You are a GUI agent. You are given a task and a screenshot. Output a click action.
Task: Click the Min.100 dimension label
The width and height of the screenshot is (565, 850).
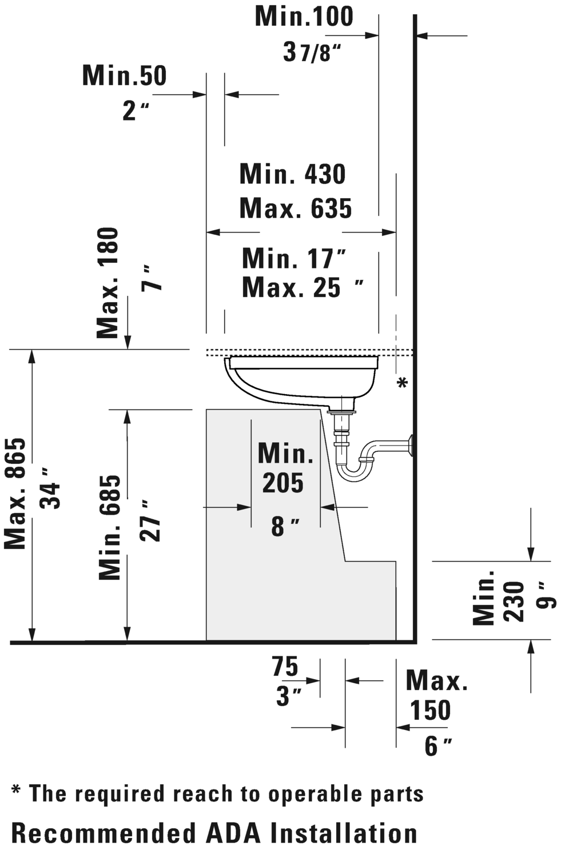click(x=304, y=17)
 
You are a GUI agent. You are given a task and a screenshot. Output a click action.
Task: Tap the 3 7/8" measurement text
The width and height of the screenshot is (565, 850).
click(x=312, y=52)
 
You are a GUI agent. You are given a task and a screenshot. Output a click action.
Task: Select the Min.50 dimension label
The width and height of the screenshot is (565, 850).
click(x=124, y=75)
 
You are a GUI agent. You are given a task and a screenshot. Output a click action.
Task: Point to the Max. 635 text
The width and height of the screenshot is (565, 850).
click(x=296, y=209)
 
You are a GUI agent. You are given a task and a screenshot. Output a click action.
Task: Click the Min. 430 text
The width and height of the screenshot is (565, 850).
click(x=293, y=174)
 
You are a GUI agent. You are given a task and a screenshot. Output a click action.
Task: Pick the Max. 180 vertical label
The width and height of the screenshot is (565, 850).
click(x=108, y=283)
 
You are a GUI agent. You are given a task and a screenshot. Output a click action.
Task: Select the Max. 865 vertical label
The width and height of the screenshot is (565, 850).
click(x=15, y=494)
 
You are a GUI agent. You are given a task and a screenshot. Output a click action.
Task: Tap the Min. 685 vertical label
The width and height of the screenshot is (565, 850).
click(x=110, y=527)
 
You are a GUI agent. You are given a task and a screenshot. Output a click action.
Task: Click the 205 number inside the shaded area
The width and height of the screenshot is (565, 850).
click(x=283, y=483)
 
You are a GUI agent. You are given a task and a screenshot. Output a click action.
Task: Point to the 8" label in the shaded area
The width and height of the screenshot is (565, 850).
click(x=285, y=526)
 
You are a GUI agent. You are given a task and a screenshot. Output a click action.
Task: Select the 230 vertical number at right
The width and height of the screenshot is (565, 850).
click(x=514, y=602)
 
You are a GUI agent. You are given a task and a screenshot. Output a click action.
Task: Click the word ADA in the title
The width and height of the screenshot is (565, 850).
click(x=233, y=834)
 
